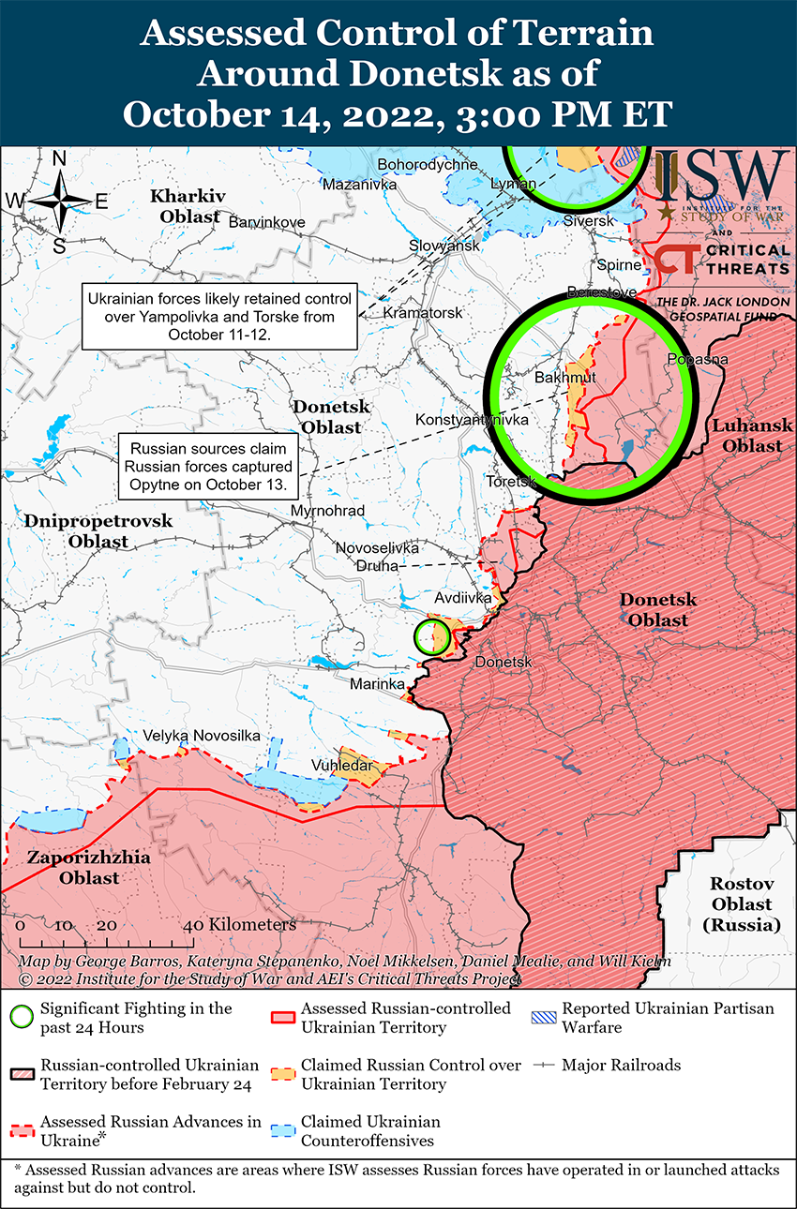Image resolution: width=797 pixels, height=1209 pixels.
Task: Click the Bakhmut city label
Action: pyautogui.click(x=564, y=378)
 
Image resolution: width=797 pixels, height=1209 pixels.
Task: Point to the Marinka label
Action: pyautogui.click(x=377, y=684)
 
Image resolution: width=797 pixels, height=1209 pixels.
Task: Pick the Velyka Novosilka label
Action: pyautogui.click(x=202, y=736)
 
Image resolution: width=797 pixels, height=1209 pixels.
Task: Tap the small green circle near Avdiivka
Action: pyautogui.click(x=431, y=634)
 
